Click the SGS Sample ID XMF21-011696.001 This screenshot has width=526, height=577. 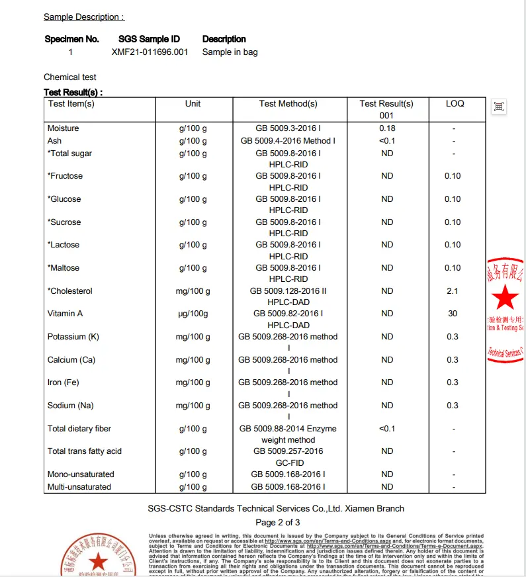pyautogui.click(x=150, y=52)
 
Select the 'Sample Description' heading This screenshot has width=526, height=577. pyautogui.click(x=83, y=17)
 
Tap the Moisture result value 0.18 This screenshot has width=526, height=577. pyautogui.click(x=387, y=128)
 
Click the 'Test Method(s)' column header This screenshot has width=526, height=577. pyautogui.click(x=288, y=104)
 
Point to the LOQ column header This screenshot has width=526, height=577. pyautogui.click(x=455, y=104)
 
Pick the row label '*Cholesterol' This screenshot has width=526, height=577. pyautogui.click(x=70, y=291)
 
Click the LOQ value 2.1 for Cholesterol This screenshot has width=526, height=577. pyautogui.click(x=453, y=291)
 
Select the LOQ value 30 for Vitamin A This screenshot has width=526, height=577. pyautogui.click(x=453, y=314)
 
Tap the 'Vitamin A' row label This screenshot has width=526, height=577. pyautogui.click(x=66, y=314)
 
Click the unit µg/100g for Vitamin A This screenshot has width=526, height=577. pyautogui.click(x=193, y=314)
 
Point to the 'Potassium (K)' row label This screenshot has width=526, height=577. pyautogui.click(x=73, y=337)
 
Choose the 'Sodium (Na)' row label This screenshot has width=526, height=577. pyautogui.click(x=71, y=406)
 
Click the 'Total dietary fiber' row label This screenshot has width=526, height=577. pyautogui.click(x=79, y=429)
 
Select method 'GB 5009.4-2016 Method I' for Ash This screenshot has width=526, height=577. pyautogui.click(x=288, y=141)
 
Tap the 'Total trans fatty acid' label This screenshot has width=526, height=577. pyautogui.click(x=85, y=451)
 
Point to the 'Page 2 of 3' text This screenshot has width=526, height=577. pyautogui.click(x=278, y=523)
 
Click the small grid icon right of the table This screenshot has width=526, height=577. pyautogui.click(x=499, y=107)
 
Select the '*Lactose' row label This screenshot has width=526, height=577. pyautogui.click(x=64, y=245)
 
